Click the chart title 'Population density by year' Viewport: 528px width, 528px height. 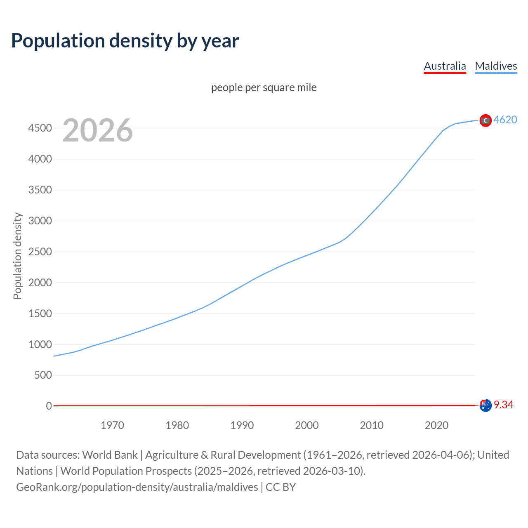coord(125,41)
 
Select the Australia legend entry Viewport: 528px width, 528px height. coord(445,66)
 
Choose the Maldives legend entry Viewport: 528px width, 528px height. coord(496,66)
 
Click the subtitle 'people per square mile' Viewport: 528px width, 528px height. coord(264,87)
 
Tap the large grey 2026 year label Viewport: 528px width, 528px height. coord(98,130)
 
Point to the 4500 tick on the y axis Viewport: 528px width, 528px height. coord(40,128)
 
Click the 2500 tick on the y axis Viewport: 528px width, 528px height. coord(40,252)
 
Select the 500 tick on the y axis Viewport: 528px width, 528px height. coord(43,375)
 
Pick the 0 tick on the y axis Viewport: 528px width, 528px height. coord(49,406)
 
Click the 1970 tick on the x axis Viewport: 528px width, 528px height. coord(112,425)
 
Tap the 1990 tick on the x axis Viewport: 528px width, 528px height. coord(242,425)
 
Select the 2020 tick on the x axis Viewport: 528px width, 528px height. coord(436,425)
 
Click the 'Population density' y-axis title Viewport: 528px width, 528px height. coord(17,256)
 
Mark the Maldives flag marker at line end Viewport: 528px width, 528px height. coord(486,120)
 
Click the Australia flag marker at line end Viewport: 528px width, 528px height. coord(486,405)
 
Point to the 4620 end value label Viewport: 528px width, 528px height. coord(505,120)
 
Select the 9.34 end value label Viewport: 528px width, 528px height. coord(503,405)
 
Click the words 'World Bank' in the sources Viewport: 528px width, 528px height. coord(110,455)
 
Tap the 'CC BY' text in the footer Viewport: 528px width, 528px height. coord(280,487)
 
